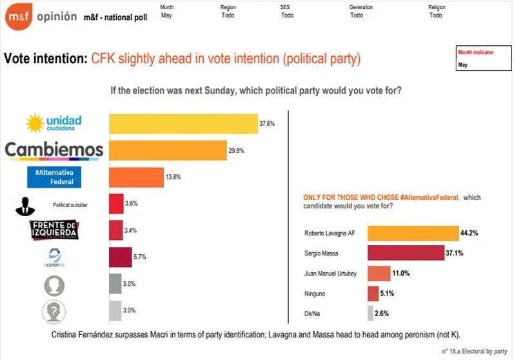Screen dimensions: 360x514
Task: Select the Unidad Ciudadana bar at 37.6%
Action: click(x=183, y=123)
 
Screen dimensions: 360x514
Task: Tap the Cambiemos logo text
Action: click(x=54, y=150)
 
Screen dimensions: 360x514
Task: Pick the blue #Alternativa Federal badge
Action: click(x=54, y=177)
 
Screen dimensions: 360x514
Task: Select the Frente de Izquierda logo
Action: click(x=55, y=230)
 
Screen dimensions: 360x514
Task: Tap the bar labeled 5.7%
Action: click(x=120, y=257)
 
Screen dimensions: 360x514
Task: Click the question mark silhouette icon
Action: click(x=54, y=312)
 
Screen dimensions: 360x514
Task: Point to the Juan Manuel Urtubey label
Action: click(x=330, y=274)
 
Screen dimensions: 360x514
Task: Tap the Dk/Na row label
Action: click(x=312, y=314)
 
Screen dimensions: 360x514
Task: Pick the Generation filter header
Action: click(x=361, y=7)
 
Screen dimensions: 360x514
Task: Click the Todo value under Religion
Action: click(x=436, y=15)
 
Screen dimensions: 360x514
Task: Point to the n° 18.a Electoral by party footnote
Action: click(x=475, y=351)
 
